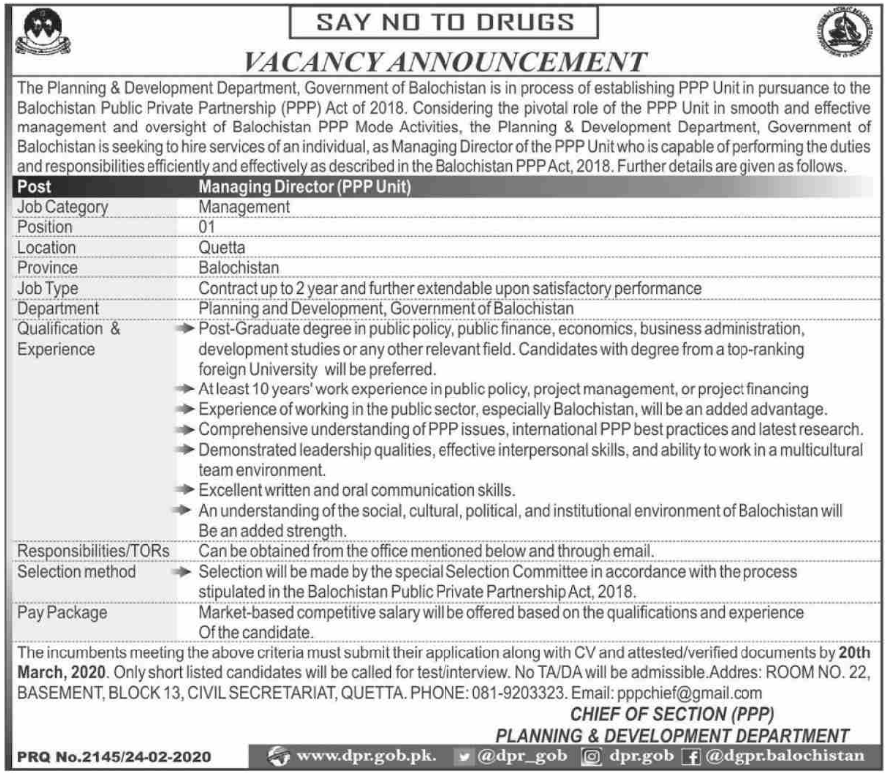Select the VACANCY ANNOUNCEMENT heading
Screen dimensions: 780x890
pyautogui.click(x=445, y=62)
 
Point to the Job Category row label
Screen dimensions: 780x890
pyautogui.click(x=62, y=207)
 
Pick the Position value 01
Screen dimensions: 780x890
pyautogui.click(x=208, y=227)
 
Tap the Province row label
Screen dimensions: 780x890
pyautogui.click(x=46, y=267)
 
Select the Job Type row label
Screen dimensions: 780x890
pyautogui.click(x=48, y=288)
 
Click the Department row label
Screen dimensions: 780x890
pyautogui.click(x=58, y=308)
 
